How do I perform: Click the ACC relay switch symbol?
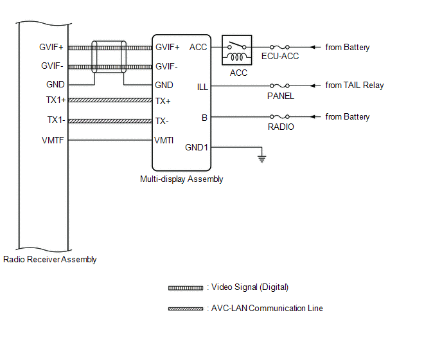[x=236, y=50]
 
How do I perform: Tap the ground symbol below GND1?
[x=261, y=157]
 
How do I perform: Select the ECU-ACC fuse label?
[x=281, y=57]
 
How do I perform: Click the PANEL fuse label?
[x=281, y=96]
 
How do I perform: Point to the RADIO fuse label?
[x=281, y=127]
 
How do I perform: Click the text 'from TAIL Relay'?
[x=355, y=85]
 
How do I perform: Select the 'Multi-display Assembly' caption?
[x=182, y=179]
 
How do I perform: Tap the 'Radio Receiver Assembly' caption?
[x=50, y=260]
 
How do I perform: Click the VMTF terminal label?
[x=53, y=140]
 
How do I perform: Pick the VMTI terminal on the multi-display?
[x=164, y=140]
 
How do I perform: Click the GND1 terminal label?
[x=197, y=147]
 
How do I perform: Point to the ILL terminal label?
[x=202, y=87]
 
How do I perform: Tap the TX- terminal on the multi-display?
[x=162, y=121]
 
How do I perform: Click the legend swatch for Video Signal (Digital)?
[x=186, y=287]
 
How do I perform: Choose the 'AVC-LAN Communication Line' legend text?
[x=267, y=309]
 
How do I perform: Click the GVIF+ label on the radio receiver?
[x=52, y=47]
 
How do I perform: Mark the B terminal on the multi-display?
[x=204, y=117]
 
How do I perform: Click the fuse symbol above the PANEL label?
[x=281, y=85]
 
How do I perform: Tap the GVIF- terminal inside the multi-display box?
[x=167, y=66]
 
